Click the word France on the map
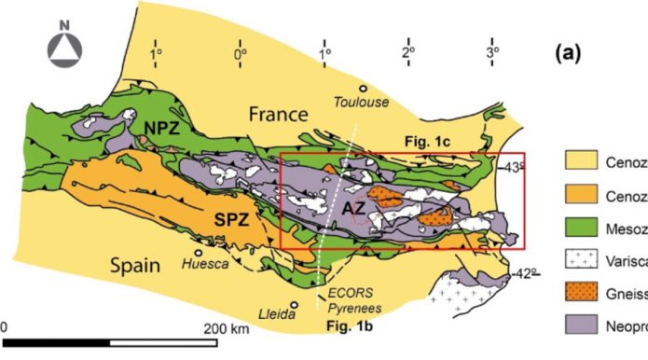[277, 115]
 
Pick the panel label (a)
[568, 53]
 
